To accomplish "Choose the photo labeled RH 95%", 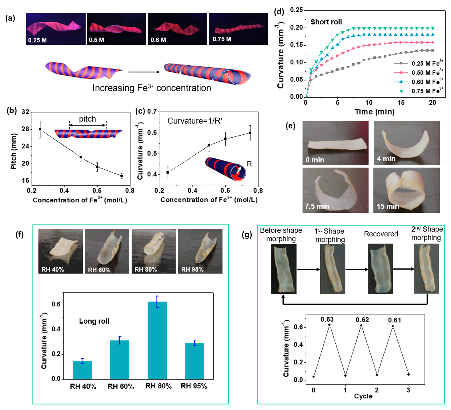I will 200,251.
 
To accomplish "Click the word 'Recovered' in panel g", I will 381,234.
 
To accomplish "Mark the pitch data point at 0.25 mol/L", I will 40,129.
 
